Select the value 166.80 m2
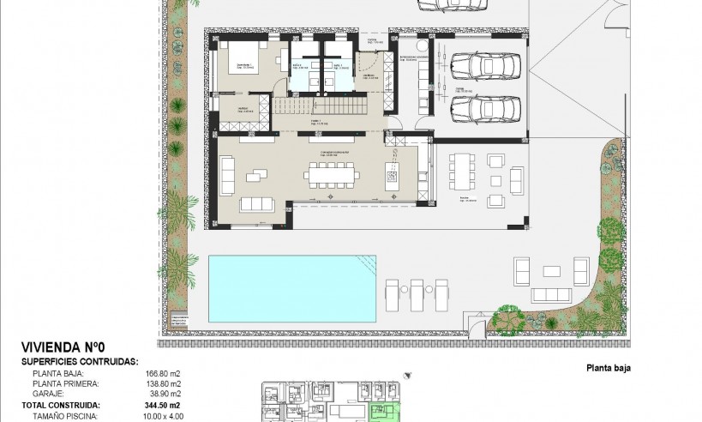tap(163, 374)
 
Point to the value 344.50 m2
tap(162, 402)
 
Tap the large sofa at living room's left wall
tap(229, 176)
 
